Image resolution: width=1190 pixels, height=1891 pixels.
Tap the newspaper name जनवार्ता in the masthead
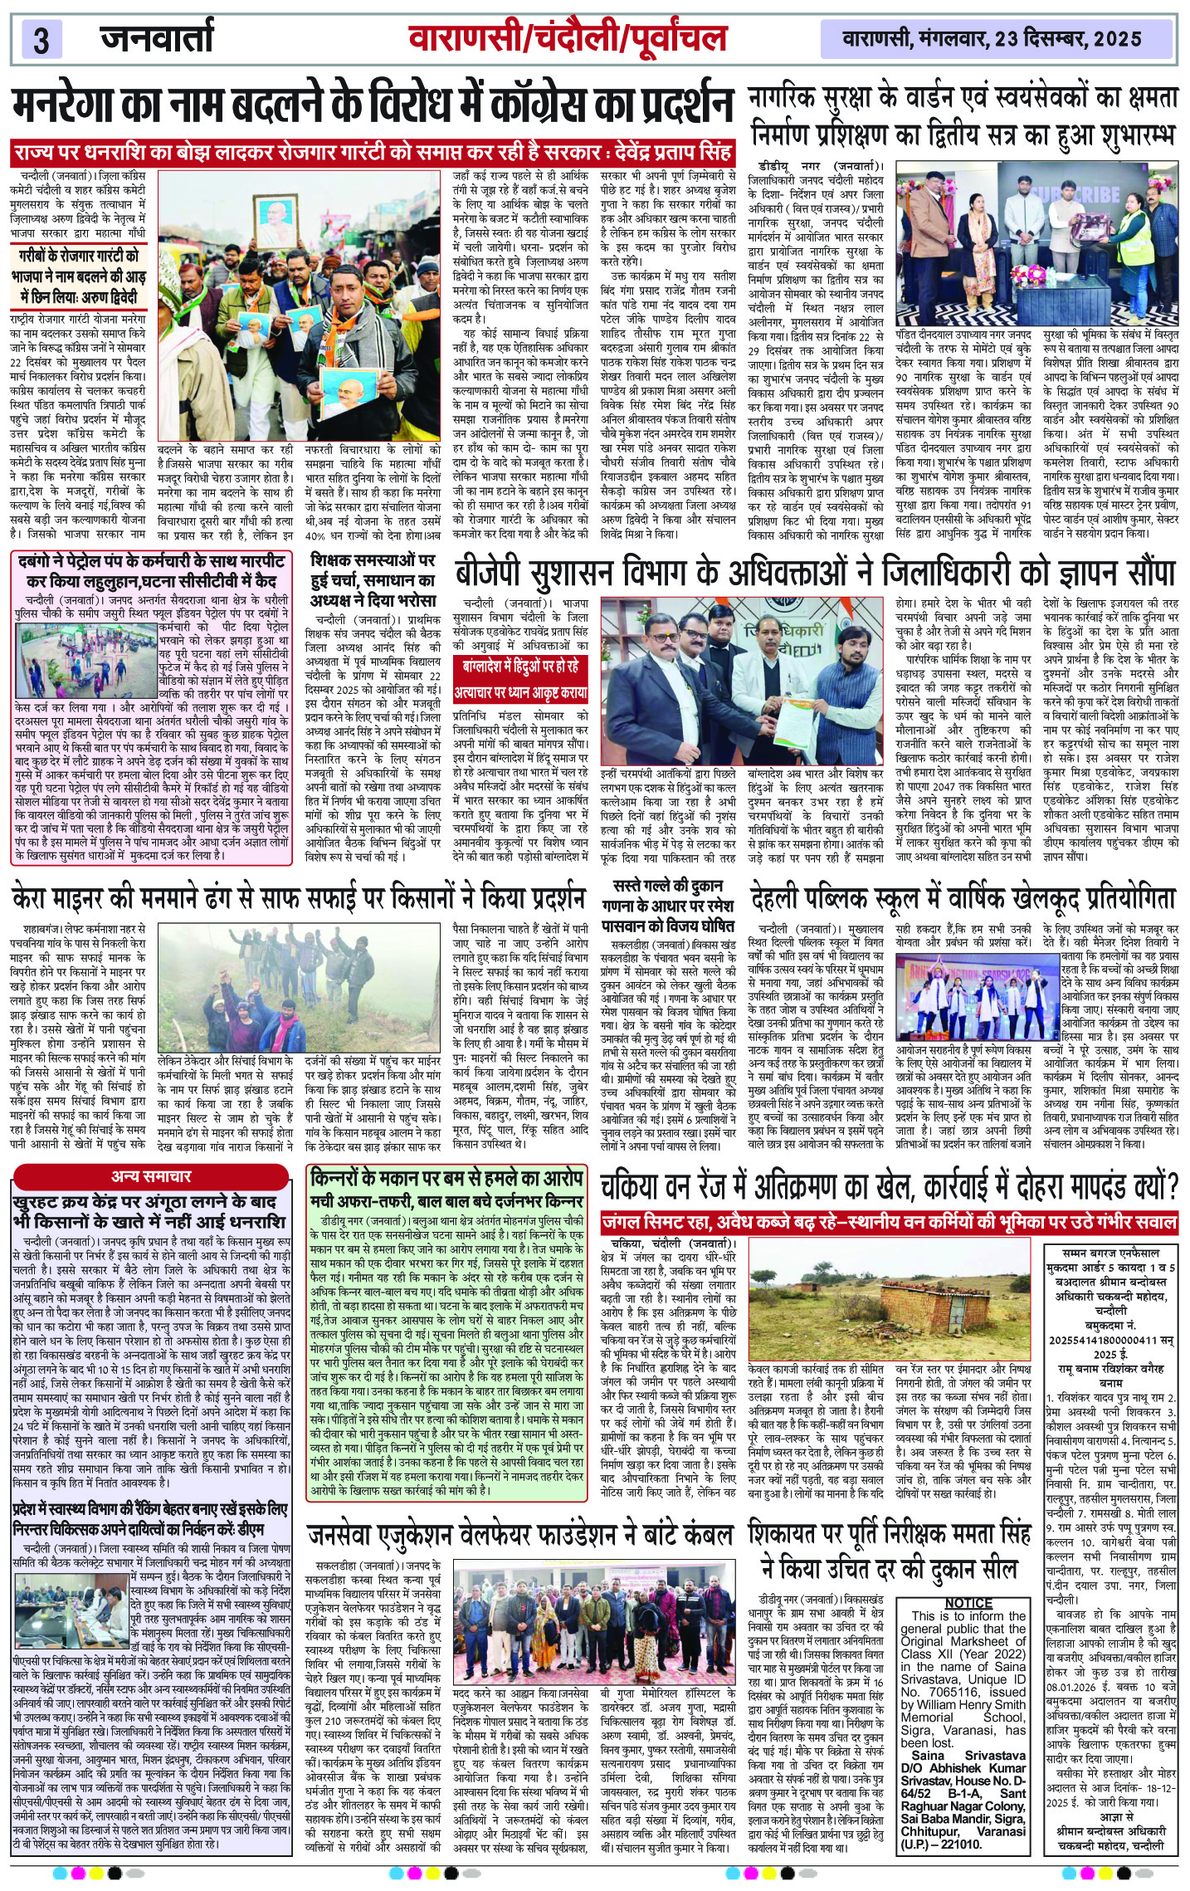[x=157, y=37]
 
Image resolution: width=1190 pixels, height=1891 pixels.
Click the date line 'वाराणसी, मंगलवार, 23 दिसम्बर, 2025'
[x=991, y=38]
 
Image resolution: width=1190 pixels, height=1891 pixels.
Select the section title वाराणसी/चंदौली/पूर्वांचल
[x=568, y=38]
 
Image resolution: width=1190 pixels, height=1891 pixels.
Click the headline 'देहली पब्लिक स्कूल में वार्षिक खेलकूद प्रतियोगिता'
[x=963, y=899]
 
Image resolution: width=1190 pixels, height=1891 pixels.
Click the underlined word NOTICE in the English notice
[x=968, y=1603]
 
